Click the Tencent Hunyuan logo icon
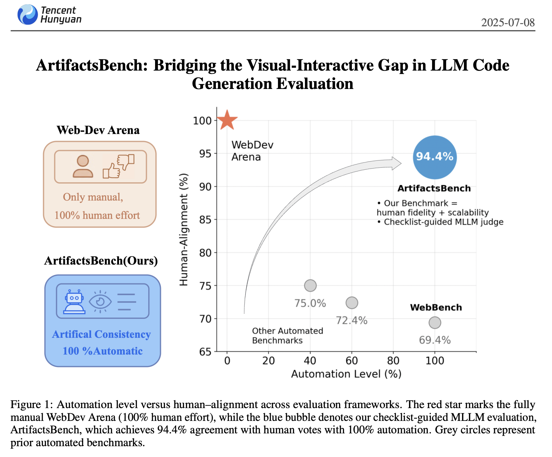(x=28, y=14)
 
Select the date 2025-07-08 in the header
(x=508, y=22)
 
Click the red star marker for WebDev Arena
(x=227, y=120)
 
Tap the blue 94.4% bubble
(x=435, y=157)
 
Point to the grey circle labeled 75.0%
(x=310, y=286)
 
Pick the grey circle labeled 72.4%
(x=352, y=303)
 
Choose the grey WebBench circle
(x=435, y=323)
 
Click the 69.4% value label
(x=435, y=340)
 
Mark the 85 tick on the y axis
(x=205, y=220)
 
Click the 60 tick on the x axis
(x=352, y=361)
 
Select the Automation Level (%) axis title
(x=346, y=374)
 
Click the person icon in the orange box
(x=83, y=166)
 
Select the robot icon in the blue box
(x=74, y=302)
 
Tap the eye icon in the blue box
(x=100, y=301)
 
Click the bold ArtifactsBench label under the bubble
(x=434, y=188)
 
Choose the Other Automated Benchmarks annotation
(x=287, y=336)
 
